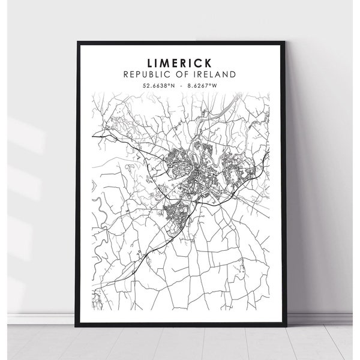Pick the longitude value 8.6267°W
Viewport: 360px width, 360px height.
[202, 86]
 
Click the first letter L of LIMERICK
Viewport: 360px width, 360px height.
[148, 62]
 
